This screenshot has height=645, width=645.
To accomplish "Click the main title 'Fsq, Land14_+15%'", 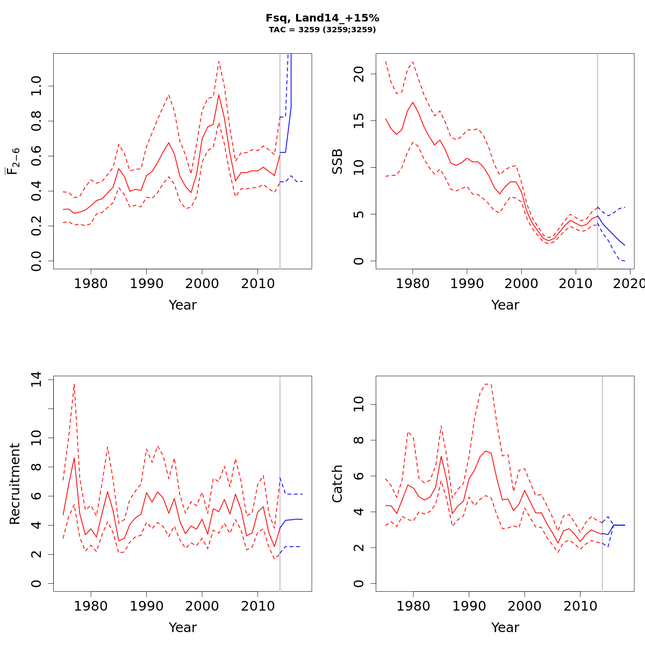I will pos(322,18).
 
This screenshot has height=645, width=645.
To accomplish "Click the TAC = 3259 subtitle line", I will pos(322,30).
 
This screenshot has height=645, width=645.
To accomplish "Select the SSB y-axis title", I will pos(338,161).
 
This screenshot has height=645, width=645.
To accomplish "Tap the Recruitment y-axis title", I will pos(15,484).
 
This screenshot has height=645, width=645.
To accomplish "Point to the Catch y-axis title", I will pos(338,484).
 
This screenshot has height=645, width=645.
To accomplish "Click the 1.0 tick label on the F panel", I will pos(36,86).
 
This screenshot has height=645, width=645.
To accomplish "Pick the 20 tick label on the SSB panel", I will pos(359,75).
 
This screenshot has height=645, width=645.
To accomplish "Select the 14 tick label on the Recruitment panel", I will pos(36,380).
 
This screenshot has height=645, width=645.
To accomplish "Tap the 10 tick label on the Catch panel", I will pos(359,404).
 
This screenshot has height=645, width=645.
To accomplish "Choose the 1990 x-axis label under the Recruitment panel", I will pos(146,606).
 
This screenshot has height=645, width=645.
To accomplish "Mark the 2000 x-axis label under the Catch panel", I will pos(525,606).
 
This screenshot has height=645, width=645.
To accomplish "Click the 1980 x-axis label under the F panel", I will pos(91,283).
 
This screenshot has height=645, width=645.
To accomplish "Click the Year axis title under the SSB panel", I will pos(505,305).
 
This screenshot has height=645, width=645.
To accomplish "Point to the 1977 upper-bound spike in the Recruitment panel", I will pos(74,384).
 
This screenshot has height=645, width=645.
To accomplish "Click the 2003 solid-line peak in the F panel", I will pos(218,95).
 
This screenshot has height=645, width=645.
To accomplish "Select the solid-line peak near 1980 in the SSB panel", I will pos(413,102).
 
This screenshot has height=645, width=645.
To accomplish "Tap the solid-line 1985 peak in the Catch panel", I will pos(441,456).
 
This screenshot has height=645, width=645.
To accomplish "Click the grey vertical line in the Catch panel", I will pos(603,484).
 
